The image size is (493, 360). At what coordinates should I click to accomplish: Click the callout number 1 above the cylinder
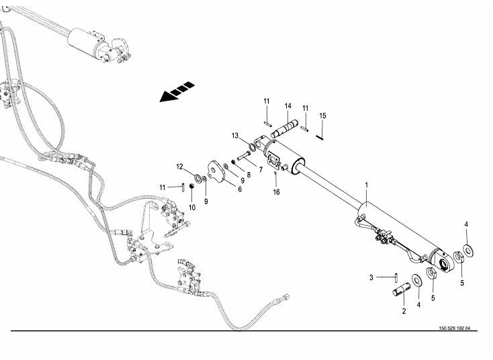point(367,185)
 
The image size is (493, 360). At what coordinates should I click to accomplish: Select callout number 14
point(287,105)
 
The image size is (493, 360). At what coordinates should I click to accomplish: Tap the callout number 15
point(322,116)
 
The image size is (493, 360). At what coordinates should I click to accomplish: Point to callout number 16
point(275,192)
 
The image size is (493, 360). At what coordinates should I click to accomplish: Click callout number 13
point(236,136)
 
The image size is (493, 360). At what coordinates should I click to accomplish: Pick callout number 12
point(180,166)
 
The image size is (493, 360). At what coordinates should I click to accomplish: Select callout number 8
point(249,175)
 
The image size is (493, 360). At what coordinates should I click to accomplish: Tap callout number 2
point(404,311)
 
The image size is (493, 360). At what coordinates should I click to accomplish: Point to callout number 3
point(371,277)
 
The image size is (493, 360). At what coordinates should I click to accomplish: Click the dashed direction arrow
point(177,93)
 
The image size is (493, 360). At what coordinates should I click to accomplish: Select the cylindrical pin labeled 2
point(402,293)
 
